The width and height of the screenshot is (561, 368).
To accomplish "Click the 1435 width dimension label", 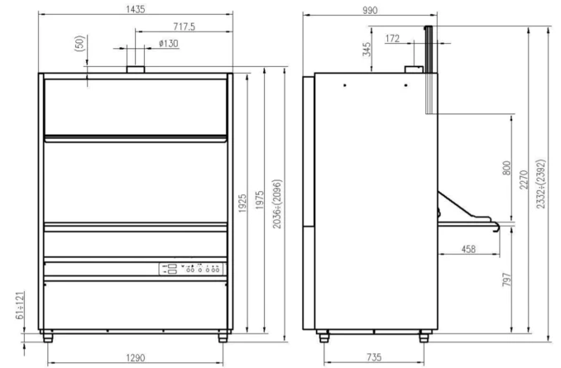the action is (x=136, y=9).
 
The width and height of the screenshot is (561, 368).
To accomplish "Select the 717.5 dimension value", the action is (x=185, y=26).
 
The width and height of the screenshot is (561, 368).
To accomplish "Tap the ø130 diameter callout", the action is (x=169, y=43).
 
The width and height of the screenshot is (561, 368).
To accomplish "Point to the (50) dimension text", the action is (x=80, y=43).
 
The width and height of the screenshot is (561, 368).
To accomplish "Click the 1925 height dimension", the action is (x=242, y=203).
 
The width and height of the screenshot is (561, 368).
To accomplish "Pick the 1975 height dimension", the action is (x=259, y=200).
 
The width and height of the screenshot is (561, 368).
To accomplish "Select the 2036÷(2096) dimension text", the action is (x=277, y=204).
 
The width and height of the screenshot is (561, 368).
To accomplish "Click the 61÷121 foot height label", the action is (x=21, y=305).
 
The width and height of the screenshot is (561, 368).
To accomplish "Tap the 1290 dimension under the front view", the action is (x=136, y=357).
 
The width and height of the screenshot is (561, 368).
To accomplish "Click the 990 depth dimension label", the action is (x=370, y=11).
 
